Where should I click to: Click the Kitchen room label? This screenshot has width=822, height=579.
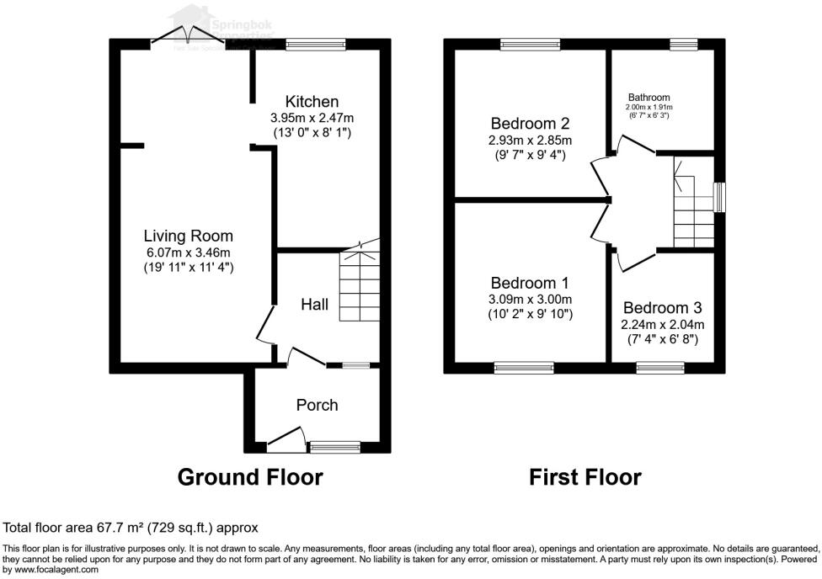click(312, 102)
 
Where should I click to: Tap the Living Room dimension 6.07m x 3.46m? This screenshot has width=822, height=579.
click(188, 252)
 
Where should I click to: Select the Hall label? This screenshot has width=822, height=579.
click(315, 304)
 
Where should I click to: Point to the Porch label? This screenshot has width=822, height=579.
click(317, 405)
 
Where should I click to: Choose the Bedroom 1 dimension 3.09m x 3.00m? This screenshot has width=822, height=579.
click(531, 299)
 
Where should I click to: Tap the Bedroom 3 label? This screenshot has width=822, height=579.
click(663, 308)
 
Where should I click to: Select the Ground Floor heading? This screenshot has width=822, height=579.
click(250, 477)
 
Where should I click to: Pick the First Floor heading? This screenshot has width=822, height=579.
click(584, 477)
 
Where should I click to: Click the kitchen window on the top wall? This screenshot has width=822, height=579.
click(316, 44)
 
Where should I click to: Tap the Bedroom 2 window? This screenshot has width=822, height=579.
click(530, 44)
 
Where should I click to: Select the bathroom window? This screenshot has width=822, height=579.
click(683, 44)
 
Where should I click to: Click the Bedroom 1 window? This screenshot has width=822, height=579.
click(523, 367)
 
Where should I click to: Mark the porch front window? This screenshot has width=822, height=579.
click(334, 445)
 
